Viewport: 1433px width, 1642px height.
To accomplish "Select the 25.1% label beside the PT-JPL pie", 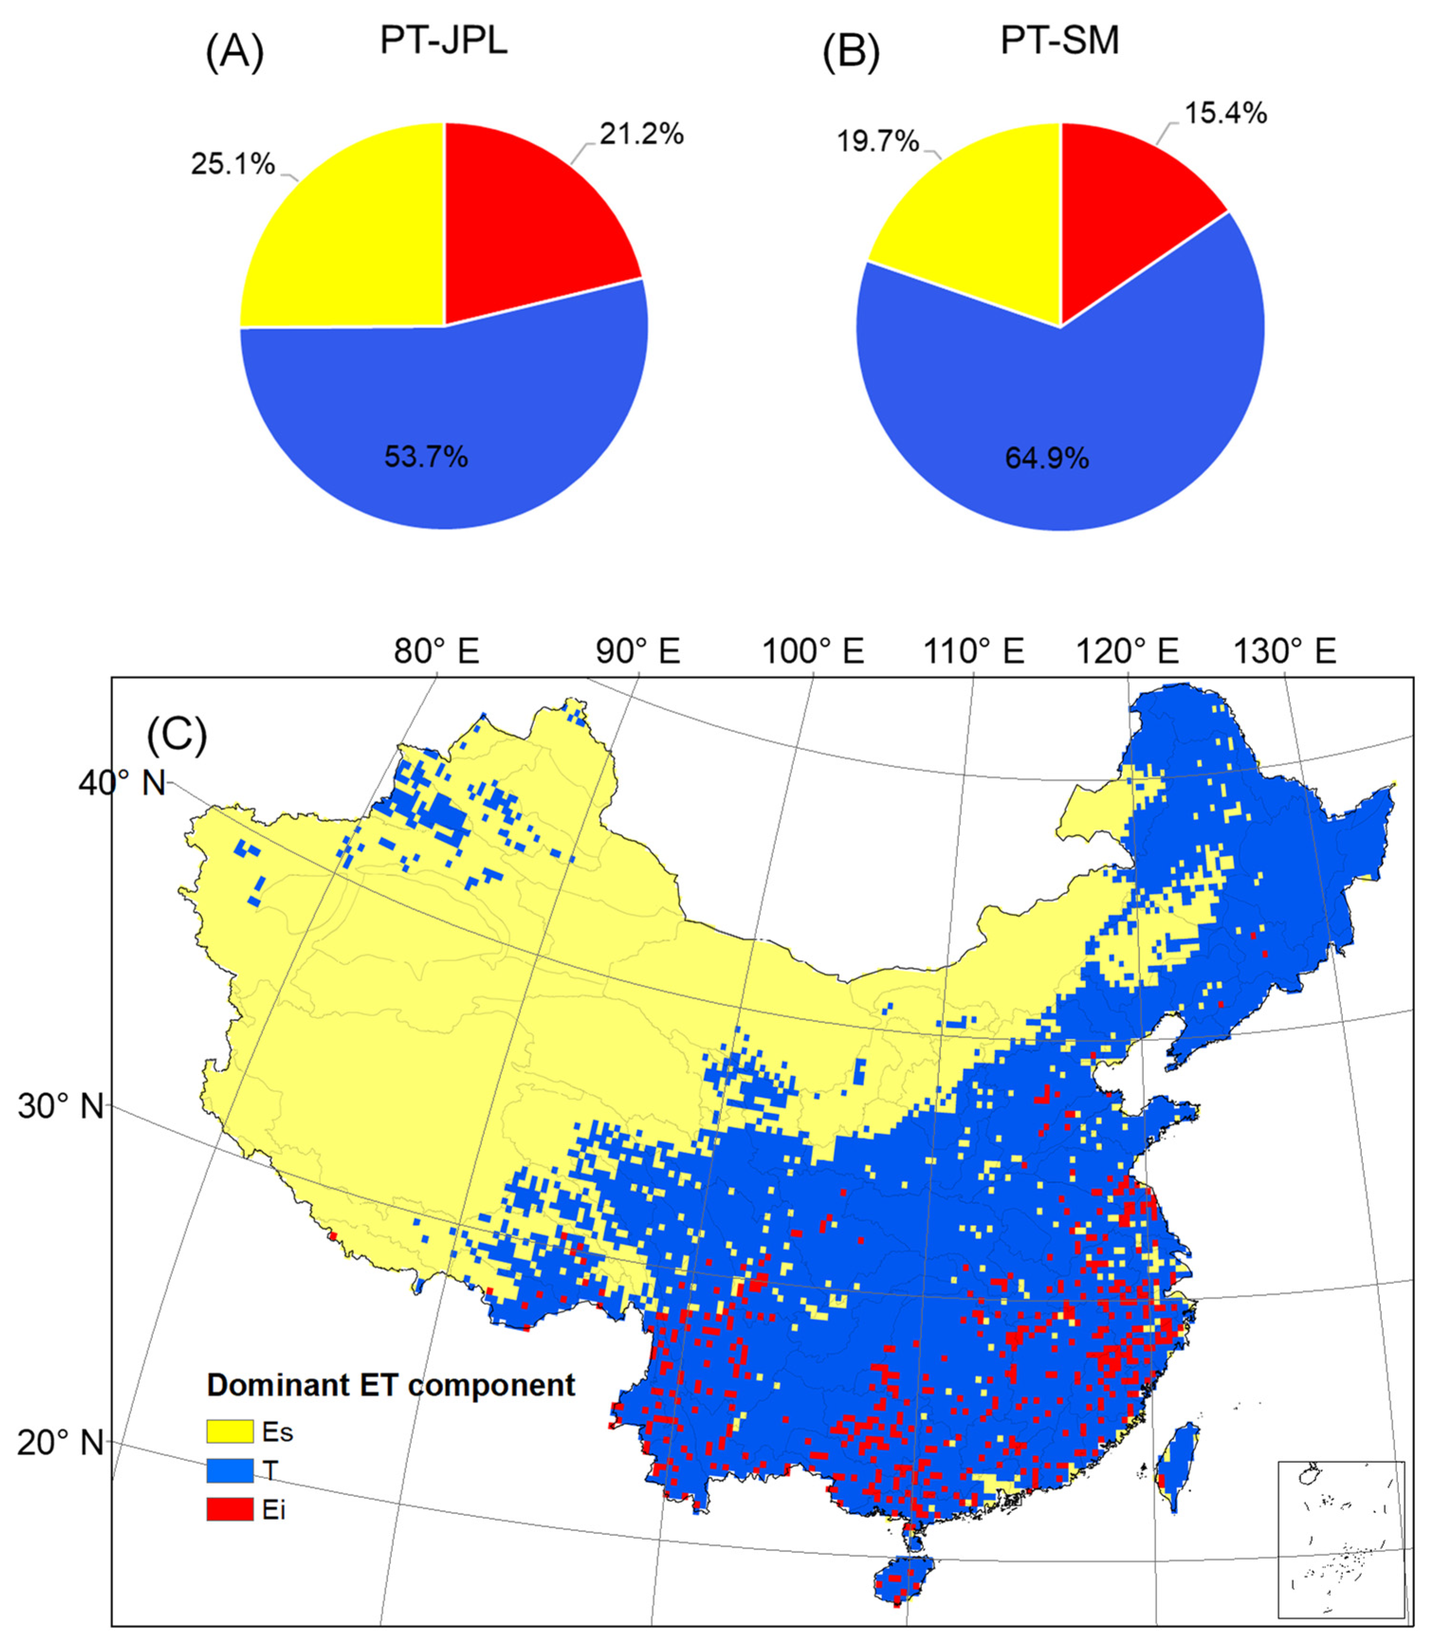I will pyautogui.click(x=232, y=164).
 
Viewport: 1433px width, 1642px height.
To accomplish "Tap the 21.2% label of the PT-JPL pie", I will pyautogui.click(x=641, y=134).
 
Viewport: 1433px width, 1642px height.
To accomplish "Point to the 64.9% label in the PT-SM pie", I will pyautogui.click(x=1047, y=459).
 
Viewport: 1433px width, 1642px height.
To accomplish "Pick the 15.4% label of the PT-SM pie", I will pyautogui.click(x=1225, y=114).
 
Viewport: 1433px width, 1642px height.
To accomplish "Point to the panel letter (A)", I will pyautogui.click(x=234, y=55).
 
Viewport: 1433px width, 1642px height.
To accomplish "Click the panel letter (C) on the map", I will pyautogui.click(x=177, y=734).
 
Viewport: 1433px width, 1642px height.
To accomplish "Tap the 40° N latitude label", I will pyautogui.click(x=121, y=783).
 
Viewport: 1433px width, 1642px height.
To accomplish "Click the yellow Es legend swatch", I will pyautogui.click(x=229, y=1431).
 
